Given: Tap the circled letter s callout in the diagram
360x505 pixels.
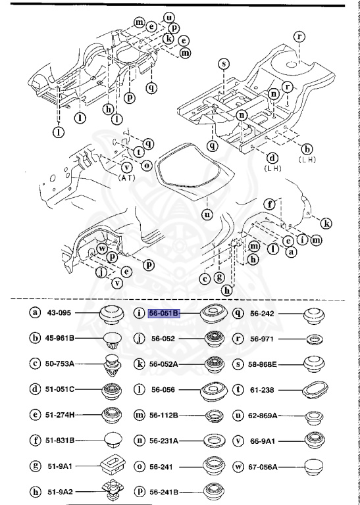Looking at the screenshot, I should (224, 64).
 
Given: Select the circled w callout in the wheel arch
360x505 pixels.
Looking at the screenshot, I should (103, 249).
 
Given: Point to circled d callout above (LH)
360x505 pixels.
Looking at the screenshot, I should (271, 158).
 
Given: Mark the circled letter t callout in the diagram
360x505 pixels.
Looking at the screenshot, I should (139, 152).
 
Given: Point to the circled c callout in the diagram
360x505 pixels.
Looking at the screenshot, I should (206, 278).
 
